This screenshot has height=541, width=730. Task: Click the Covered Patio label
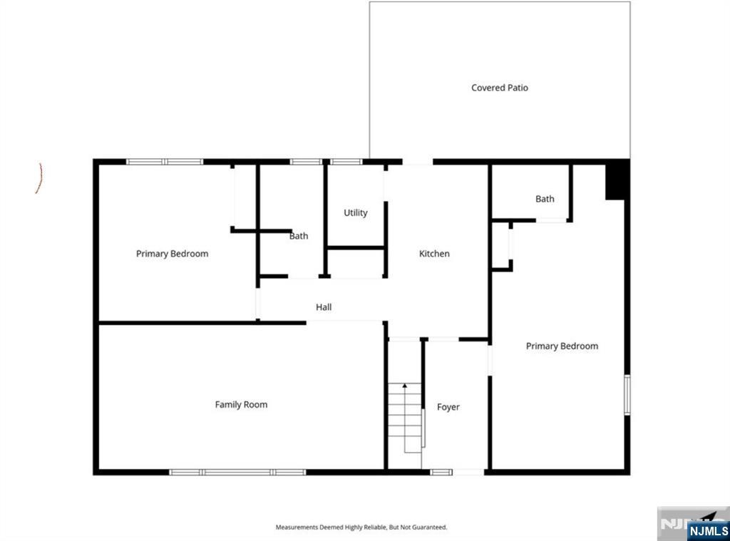point(499,88)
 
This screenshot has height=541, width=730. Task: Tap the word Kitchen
point(434,254)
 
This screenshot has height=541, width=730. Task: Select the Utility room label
point(355,212)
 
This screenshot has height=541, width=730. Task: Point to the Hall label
point(324,307)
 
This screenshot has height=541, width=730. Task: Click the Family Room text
point(241,404)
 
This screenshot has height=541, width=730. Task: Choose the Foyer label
point(448,407)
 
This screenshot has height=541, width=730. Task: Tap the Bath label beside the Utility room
point(299,236)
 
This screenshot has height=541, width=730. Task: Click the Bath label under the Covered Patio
point(545,199)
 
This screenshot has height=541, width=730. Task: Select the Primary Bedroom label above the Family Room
point(172,254)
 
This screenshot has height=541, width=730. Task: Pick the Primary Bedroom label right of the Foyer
point(562,346)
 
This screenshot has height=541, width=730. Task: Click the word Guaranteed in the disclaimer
point(430,527)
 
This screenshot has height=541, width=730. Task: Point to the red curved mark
point(39,178)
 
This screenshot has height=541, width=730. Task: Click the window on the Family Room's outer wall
point(237,472)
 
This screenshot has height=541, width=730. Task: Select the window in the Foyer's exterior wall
point(441,472)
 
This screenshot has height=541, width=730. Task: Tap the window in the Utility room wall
point(346,162)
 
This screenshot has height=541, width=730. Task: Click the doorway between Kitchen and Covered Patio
point(417,162)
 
